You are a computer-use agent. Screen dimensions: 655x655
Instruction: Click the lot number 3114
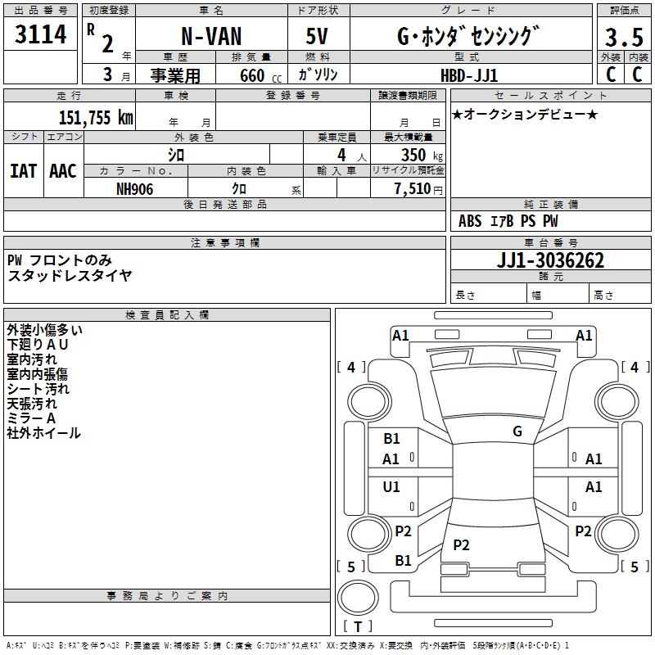click(41, 35)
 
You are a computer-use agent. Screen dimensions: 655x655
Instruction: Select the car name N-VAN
click(211, 37)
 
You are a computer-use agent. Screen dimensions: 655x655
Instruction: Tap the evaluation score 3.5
click(623, 38)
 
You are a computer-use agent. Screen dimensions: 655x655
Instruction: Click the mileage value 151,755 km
click(95, 117)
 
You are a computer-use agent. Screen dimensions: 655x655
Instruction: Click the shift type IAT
click(23, 171)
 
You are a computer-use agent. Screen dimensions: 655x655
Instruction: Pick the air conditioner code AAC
click(63, 171)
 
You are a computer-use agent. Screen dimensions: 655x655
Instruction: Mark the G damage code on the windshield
click(517, 431)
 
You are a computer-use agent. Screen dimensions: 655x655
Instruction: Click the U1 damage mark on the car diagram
click(391, 487)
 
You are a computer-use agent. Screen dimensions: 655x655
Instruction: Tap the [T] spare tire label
click(358, 627)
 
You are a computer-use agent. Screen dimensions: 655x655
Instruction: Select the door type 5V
click(319, 37)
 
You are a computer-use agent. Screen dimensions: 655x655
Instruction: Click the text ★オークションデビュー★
click(525, 114)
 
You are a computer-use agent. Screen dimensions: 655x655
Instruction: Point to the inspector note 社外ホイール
click(44, 433)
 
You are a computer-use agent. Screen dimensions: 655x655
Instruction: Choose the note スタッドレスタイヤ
click(70, 275)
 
